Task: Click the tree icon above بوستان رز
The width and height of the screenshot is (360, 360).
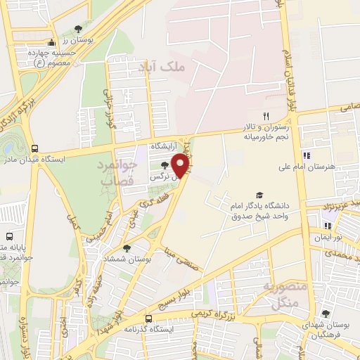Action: (x=78, y=30)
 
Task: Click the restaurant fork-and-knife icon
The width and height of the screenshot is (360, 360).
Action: (x=265, y=116)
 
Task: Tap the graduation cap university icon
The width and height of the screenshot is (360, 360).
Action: (x=259, y=194)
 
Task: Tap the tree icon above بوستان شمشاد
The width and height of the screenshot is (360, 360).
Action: (x=127, y=247)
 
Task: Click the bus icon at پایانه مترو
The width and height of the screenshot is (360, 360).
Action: (x=10, y=236)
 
